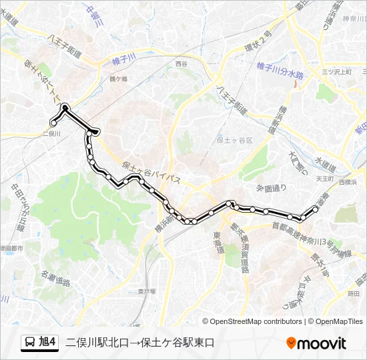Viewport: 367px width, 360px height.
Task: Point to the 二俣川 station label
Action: pos(51,133)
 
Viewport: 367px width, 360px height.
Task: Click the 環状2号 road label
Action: pos(260,39)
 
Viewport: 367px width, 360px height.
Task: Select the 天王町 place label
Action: pos(324,179)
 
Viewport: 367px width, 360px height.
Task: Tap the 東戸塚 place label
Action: pos(146,291)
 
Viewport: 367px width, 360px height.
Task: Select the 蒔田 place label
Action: pos(353,293)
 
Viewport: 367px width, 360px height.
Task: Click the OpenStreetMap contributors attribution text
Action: pos(256,321)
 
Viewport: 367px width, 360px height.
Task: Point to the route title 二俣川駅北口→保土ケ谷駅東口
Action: pos(140,343)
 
